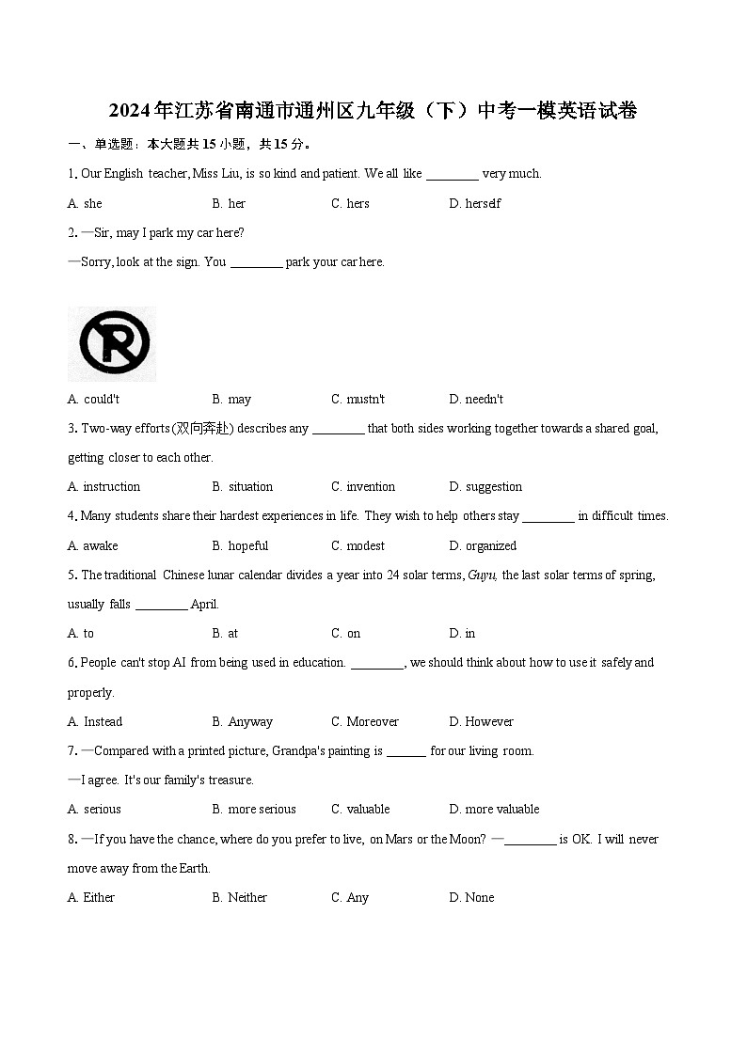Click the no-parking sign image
click(x=112, y=343)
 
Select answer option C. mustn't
click(x=358, y=399)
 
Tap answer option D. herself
click(x=475, y=203)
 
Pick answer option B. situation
click(x=243, y=486)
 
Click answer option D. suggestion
click(x=485, y=486)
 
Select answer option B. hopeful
click(x=240, y=545)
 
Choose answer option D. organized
click(x=483, y=545)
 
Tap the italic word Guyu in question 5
click(x=482, y=575)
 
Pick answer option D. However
click(x=482, y=721)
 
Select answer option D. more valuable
click(x=494, y=809)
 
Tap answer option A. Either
click(x=91, y=897)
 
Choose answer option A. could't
click(x=94, y=399)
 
